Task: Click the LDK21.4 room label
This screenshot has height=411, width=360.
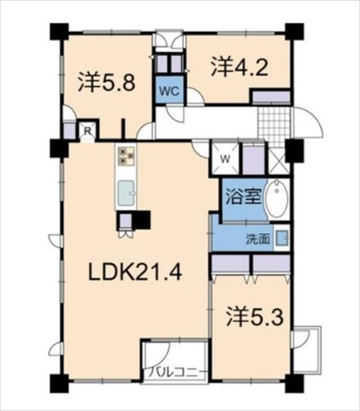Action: tap(135, 272)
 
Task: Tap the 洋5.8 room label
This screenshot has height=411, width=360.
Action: tap(107, 81)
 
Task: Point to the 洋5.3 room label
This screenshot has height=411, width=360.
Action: tap(255, 317)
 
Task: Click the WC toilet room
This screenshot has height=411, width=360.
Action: tap(170, 90)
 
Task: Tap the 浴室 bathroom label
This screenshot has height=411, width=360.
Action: tap(244, 197)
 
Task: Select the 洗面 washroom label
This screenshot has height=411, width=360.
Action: tap(258, 238)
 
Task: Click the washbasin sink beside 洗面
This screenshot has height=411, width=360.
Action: tap(282, 237)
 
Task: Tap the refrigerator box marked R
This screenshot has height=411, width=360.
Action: tap(88, 131)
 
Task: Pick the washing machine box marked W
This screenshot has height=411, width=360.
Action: tap(225, 158)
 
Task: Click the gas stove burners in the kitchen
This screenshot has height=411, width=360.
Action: tap(126, 156)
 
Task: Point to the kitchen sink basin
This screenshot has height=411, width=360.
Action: tap(126, 193)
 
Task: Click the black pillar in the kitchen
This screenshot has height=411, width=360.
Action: tap(142, 220)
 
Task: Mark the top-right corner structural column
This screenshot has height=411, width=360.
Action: tap(295, 32)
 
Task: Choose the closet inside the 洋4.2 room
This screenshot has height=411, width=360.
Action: tap(272, 97)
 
